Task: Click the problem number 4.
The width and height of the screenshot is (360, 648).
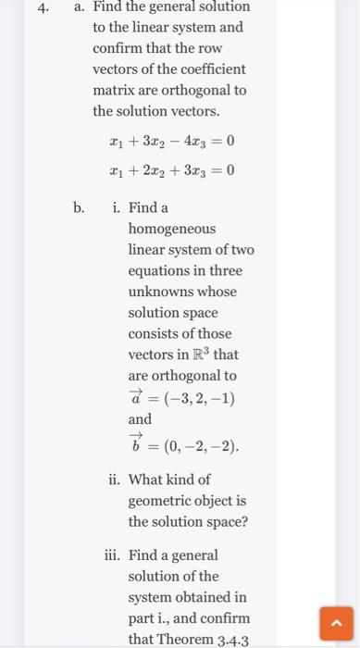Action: tap(43, 7)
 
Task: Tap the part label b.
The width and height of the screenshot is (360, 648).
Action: tap(81, 207)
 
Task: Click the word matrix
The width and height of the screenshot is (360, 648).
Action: tap(114, 91)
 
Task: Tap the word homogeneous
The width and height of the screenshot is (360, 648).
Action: tap(171, 229)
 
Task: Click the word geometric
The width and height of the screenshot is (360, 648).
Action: tap(163, 501)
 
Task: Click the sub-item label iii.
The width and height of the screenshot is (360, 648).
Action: tap(112, 555)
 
